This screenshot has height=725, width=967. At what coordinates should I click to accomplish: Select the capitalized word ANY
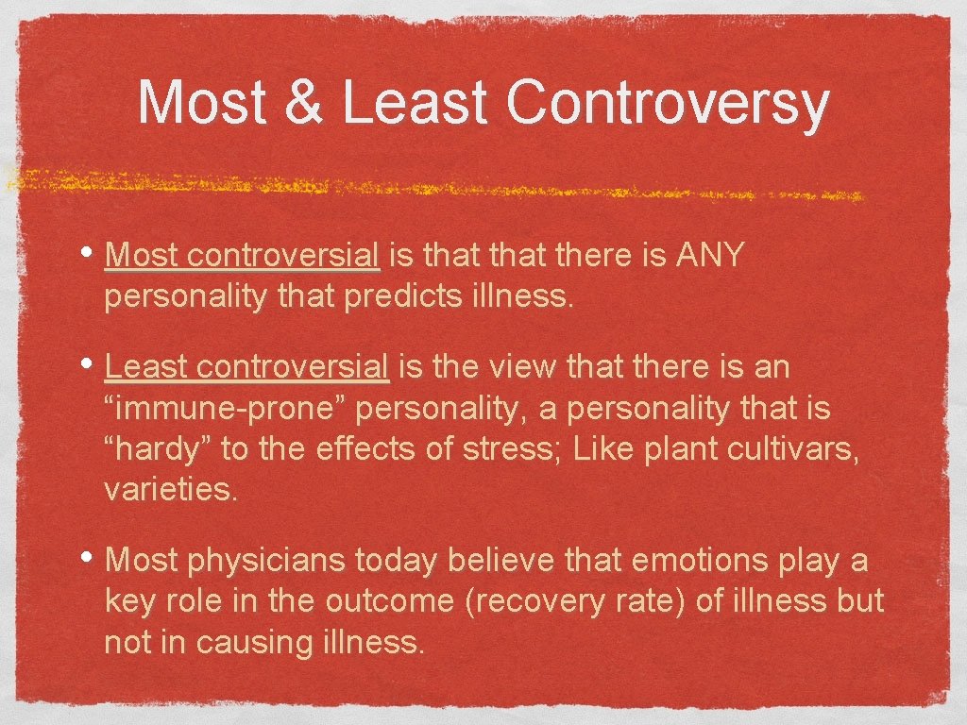pos(711,254)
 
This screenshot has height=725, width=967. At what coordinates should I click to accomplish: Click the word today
pos(397,560)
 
